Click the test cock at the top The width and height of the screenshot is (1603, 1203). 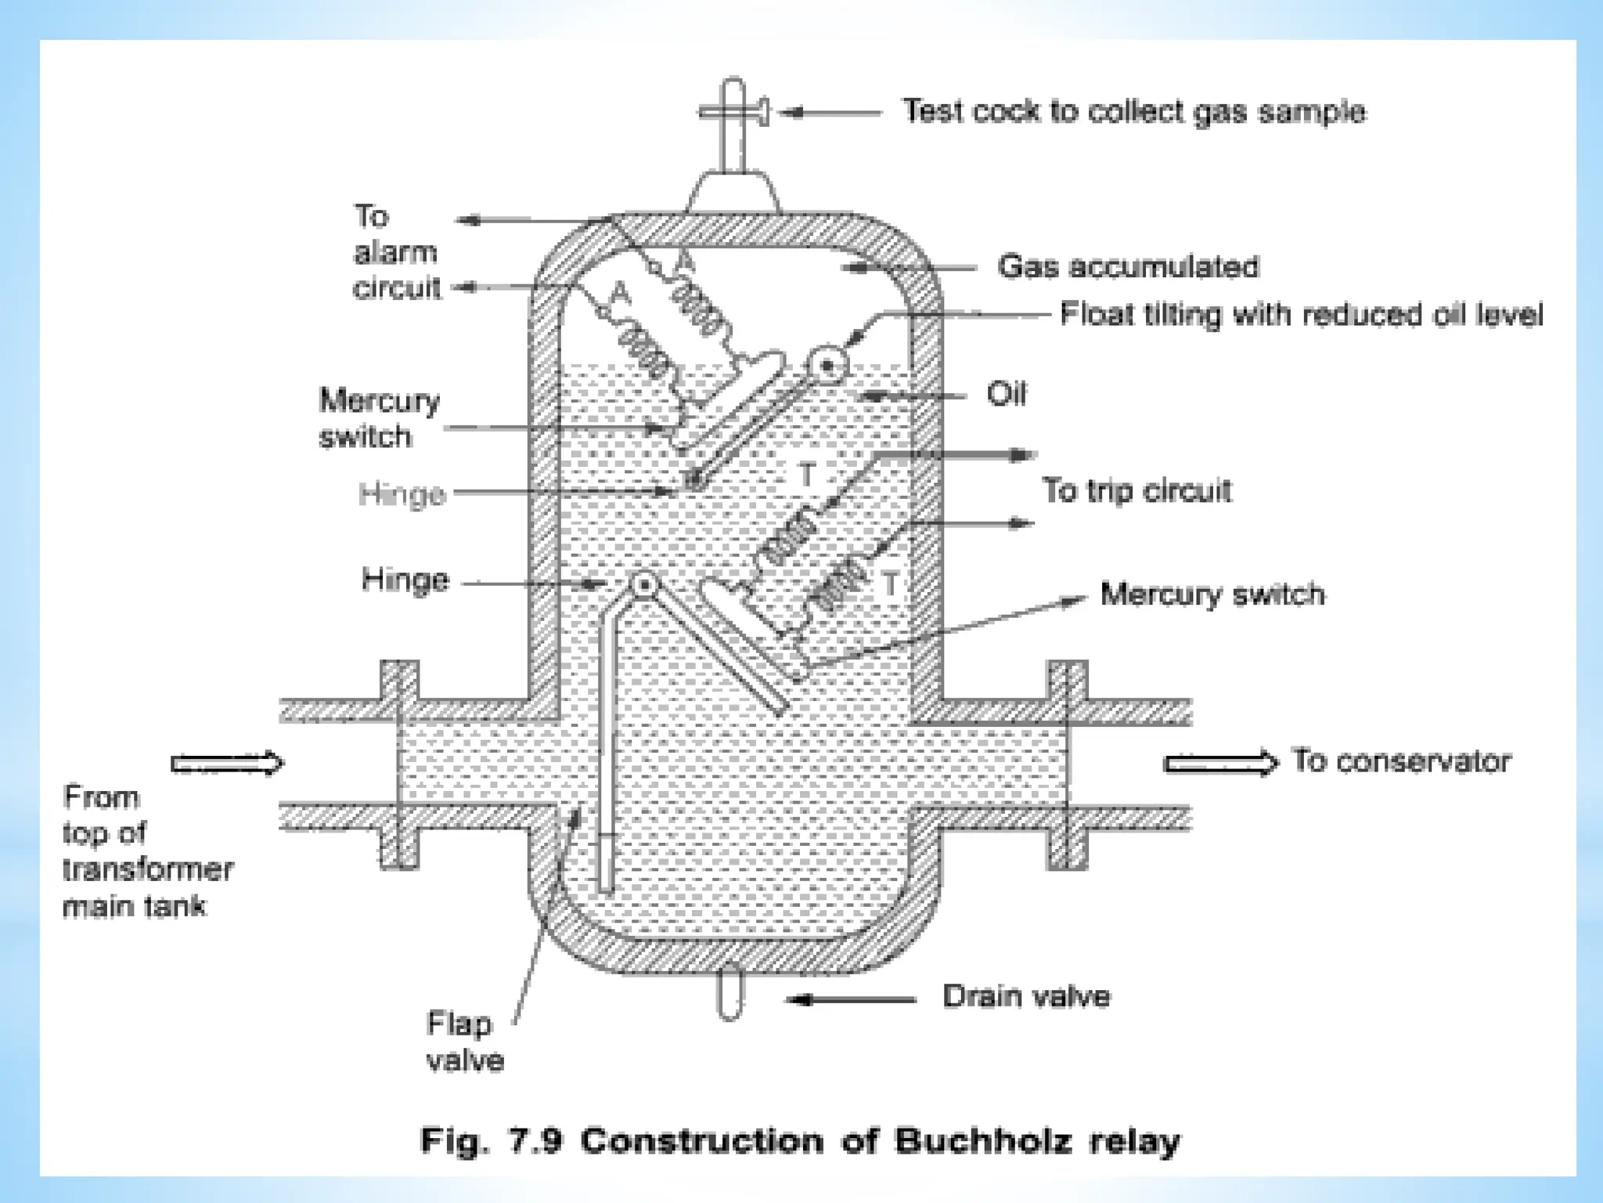pyautogui.click(x=733, y=114)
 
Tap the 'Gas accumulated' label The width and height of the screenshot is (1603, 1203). pyautogui.click(x=1127, y=267)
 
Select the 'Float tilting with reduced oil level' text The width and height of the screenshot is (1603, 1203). pyautogui.click(x=1301, y=315)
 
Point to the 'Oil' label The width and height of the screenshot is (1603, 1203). pyautogui.click(x=1006, y=394)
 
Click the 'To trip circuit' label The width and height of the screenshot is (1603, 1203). pyautogui.click(x=1137, y=491)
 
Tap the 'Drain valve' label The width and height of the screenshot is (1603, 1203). pyautogui.click(x=1025, y=997)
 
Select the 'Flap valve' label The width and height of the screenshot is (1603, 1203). pyautogui.click(x=464, y=1042)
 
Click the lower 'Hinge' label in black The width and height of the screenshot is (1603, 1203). pyautogui.click(x=405, y=580)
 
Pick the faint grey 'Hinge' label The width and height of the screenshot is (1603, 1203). pyautogui.click(x=402, y=494)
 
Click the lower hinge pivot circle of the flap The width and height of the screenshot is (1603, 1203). pyautogui.click(x=643, y=584)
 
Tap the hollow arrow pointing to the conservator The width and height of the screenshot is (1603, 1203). pyautogui.click(x=1220, y=763)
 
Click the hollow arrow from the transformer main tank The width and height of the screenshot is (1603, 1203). pyautogui.click(x=227, y=763)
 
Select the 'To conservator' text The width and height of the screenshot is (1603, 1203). pyautogui.click(x=1401, y=761)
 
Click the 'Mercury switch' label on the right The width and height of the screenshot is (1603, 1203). pyautogui.click(x=1212, y=594)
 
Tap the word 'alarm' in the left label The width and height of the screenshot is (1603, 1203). pyautogui.click(x=395, y=252)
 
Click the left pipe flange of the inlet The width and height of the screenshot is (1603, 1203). pyautogui.click(x=399, y=764)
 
